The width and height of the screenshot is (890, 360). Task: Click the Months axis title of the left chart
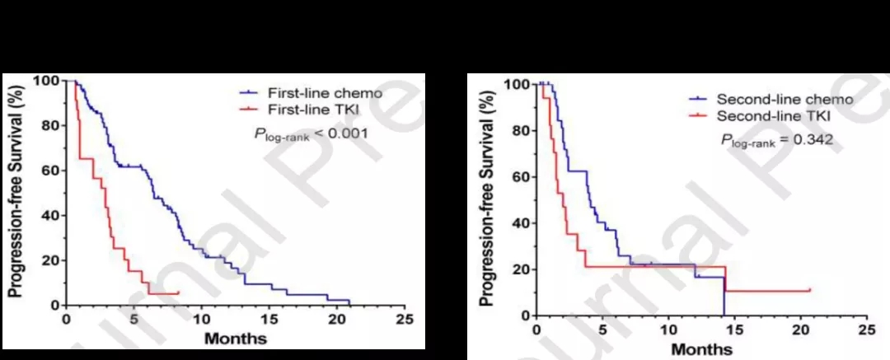(x=235, y=339)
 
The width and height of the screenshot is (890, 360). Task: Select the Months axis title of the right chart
(x=701, y=349)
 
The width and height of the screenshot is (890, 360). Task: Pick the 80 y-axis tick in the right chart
(x=518, y=130)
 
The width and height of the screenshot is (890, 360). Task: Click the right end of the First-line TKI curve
(x=178, y=292)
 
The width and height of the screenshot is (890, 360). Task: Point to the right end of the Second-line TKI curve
(x=810, y=290)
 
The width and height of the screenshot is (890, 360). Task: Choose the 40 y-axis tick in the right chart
(x=518, y=223)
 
